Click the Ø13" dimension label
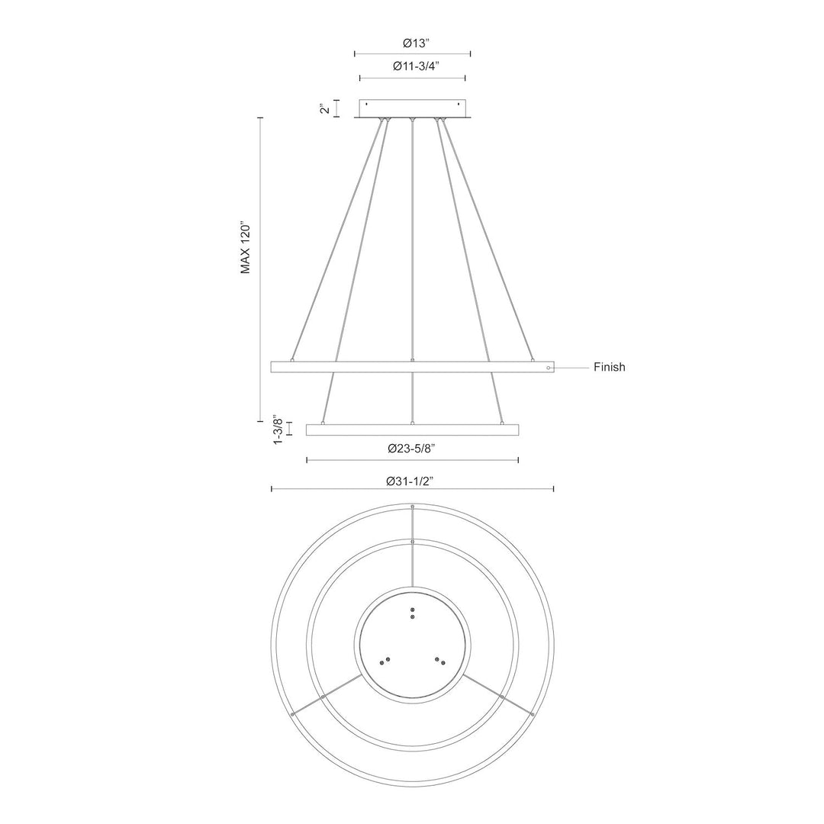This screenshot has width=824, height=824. coord(413,43)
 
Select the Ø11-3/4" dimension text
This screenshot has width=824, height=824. coord(413,66)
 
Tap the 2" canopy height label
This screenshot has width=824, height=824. coord(324,109)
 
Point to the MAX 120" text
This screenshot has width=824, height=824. coord(246,249)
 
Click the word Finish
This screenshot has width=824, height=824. coord(609,367)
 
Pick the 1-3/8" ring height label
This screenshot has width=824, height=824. coord(279,430)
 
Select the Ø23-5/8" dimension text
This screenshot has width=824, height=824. coord(412,449)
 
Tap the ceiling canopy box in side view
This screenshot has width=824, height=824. coord(412,108)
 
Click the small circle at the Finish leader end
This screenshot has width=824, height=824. coord(549,368)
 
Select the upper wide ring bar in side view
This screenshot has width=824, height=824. coord(412,367)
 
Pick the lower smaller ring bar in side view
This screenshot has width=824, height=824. coord(412,430)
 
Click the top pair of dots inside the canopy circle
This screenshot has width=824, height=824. coord(413,613)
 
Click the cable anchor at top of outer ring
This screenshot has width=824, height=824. coord(413,507)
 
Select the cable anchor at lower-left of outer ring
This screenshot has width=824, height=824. coord(293,713)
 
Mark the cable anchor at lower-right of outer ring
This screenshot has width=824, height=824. coord(532,714)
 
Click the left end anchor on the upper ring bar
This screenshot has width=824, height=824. coord(292,359)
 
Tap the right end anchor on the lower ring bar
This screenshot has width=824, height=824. coord(502,423)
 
